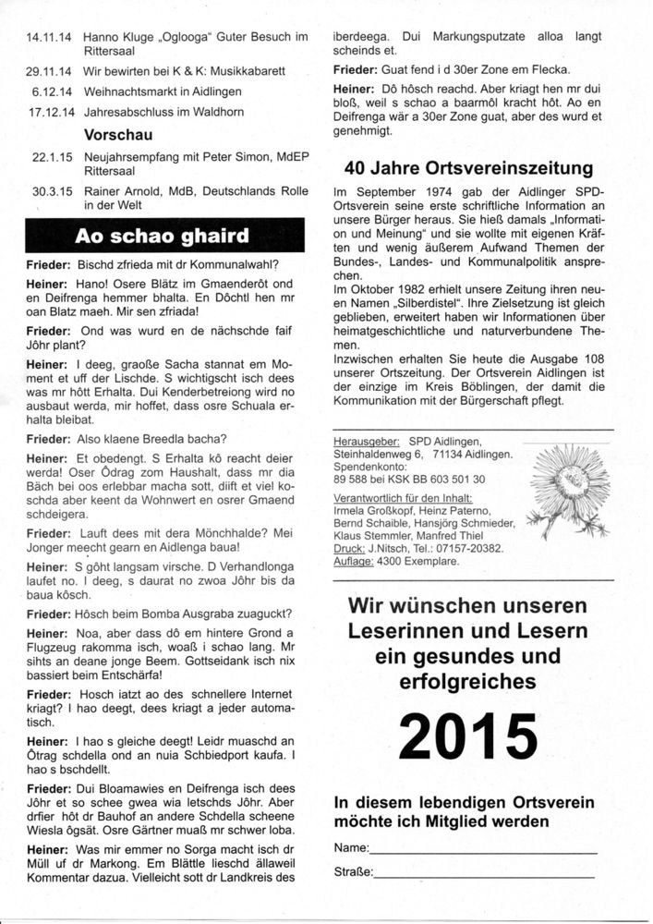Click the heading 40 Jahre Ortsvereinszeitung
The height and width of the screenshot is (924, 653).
[x=468, y=169]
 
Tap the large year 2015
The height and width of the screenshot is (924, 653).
[x=468, y=736]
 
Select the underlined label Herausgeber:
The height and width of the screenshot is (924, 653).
[x=365, y=442]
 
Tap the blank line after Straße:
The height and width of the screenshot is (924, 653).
[x=484, y=872]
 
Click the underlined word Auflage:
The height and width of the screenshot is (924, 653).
[x=354, y=561]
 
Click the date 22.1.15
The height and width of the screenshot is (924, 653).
[x=52, y=157]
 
